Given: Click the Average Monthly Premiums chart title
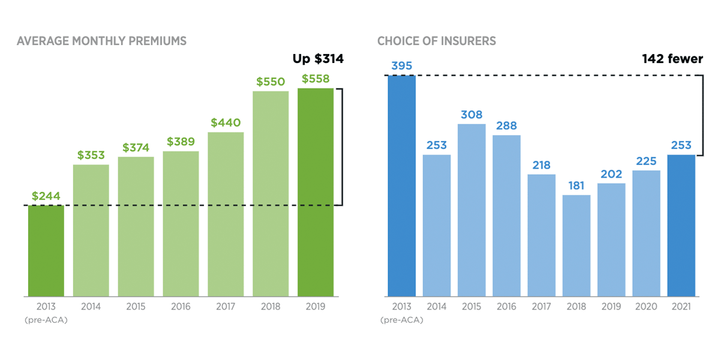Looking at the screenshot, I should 101,41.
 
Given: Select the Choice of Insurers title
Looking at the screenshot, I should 436,41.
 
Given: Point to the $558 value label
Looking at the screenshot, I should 316,79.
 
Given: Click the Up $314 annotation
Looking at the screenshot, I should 318,59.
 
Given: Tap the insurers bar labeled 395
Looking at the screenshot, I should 401,186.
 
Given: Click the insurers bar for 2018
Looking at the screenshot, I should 576,245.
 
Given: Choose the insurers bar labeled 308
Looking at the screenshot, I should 472,210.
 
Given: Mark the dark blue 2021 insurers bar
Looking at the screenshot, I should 681,226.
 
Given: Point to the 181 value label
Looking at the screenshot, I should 576,185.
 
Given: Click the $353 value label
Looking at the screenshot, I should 91,155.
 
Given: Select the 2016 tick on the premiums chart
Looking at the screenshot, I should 181,307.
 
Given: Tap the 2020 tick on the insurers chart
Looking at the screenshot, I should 646,307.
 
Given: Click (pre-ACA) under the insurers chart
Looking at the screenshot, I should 401,320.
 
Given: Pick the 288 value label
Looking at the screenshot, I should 506,126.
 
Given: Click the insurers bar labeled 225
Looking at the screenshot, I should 646,233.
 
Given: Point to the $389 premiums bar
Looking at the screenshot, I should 181,224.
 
